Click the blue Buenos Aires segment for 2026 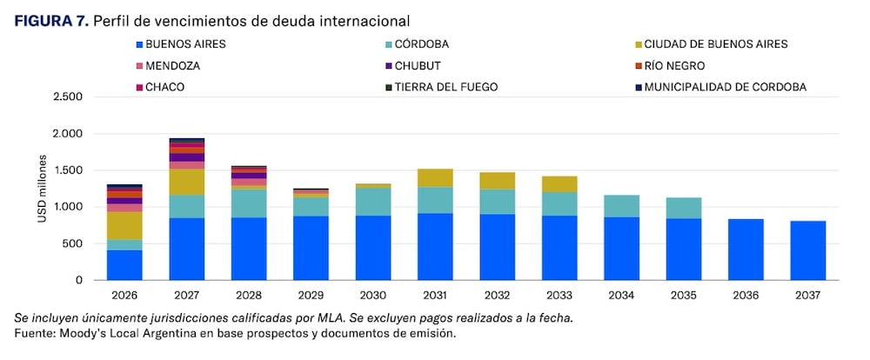pos(124,265)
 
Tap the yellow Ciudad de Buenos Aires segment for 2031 pos(435,177)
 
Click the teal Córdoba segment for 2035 pos(684,208)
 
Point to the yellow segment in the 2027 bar pos(186,182)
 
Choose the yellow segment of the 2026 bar pos(124,225)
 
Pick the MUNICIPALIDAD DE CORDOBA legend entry pos(725,87)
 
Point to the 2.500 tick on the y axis pos(67,97)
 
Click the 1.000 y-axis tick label pos(67,207)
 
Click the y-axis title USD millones pos(41,189)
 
